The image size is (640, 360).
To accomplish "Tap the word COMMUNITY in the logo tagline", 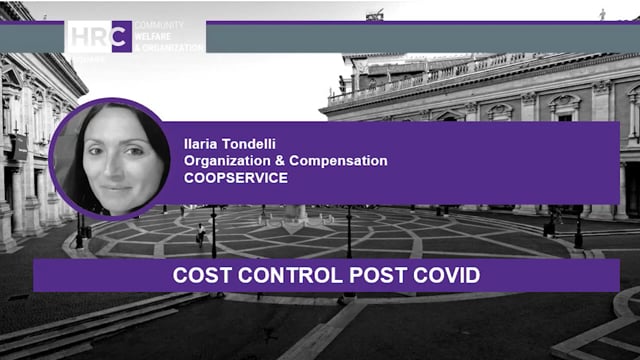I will [153, 25].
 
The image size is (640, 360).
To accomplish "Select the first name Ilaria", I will [198, 144].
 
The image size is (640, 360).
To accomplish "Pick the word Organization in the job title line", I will [224, 161].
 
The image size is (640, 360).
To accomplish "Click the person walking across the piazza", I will [200, 233].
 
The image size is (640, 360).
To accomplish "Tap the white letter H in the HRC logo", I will [78, 37].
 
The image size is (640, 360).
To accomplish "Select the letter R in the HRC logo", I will [98, 37].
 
